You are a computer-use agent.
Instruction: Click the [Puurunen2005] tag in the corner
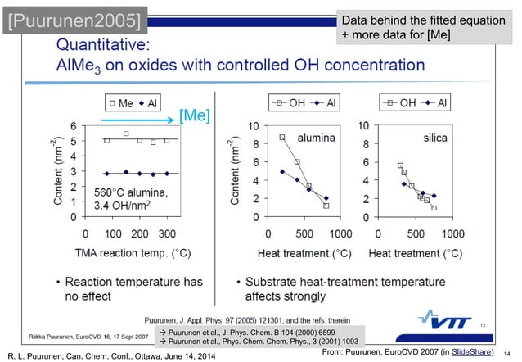tap(69, 19)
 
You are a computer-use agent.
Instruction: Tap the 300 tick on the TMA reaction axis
tap(167, 233)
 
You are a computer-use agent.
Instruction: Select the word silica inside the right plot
tap(434, 138)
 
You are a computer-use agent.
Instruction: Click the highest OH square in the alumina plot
tap(282, 138)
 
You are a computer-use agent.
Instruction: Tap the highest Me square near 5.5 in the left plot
tap(126, 133)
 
